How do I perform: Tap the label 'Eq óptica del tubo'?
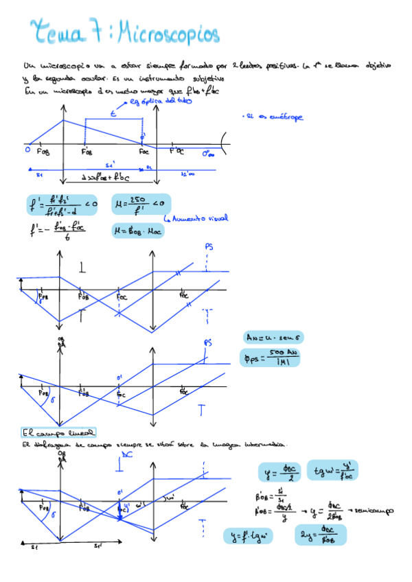click(157, 102)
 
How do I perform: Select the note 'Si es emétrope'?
click(273, 117)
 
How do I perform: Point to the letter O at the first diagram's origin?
click(28, 148)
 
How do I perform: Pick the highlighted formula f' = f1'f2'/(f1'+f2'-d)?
click(60, 204)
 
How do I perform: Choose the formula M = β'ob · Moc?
click(138, 231)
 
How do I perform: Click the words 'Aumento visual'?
click(198, 220)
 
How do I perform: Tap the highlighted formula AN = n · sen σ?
click(274, 338)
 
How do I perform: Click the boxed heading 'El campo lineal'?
click(58, 433)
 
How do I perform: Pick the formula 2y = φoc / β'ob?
click(321, 535)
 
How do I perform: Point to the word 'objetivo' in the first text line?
click(375, 67)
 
